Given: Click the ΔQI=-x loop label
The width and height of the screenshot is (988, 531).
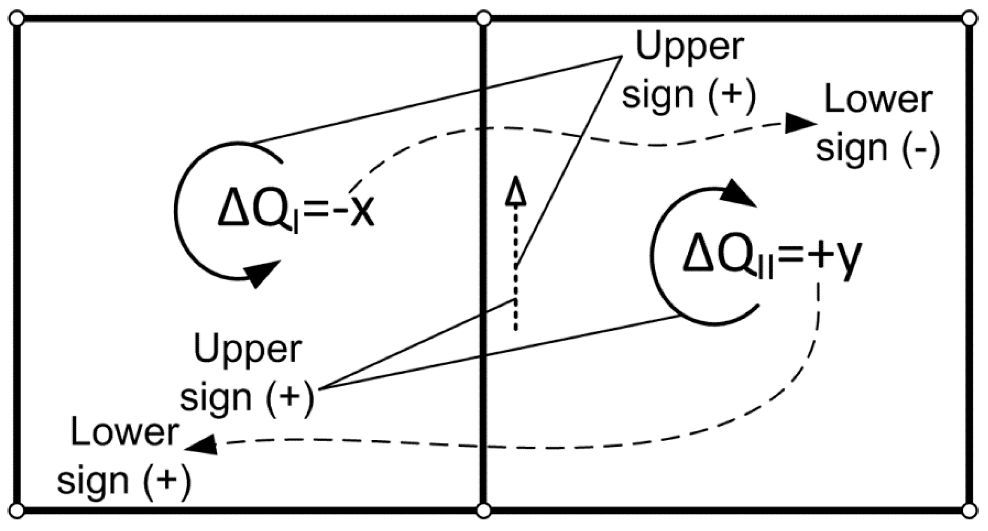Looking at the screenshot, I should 296,212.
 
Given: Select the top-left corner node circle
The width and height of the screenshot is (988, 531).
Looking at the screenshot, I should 17,19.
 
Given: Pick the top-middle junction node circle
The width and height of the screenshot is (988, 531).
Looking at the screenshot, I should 484,19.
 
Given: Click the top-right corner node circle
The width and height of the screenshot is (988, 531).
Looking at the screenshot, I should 969,19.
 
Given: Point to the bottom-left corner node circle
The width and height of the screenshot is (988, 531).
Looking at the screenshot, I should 17,511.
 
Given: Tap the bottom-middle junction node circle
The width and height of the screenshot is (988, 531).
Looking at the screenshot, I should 484,511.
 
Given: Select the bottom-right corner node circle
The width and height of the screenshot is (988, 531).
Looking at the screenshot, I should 969,511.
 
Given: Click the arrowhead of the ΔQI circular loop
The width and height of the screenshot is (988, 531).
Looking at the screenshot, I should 263,273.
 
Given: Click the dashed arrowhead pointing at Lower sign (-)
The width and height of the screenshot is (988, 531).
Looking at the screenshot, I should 800,124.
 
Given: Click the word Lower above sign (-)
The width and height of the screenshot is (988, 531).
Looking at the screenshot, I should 878,101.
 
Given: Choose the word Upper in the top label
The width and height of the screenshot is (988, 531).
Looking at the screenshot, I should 690,47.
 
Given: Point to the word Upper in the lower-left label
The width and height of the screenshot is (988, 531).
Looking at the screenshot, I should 248,350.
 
